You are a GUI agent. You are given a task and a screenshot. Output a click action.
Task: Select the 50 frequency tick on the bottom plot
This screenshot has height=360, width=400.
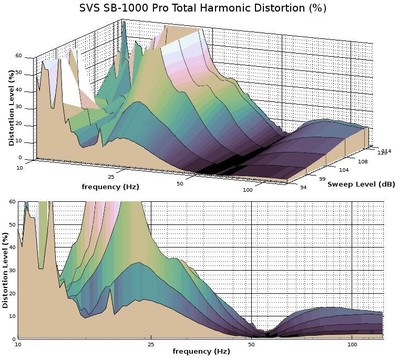click(x=255, y=344)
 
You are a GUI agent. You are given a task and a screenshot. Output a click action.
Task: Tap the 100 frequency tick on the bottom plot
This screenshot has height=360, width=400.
click(x=352, y=344)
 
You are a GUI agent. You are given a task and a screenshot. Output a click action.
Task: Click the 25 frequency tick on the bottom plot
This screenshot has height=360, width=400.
click(x=149, y=344)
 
